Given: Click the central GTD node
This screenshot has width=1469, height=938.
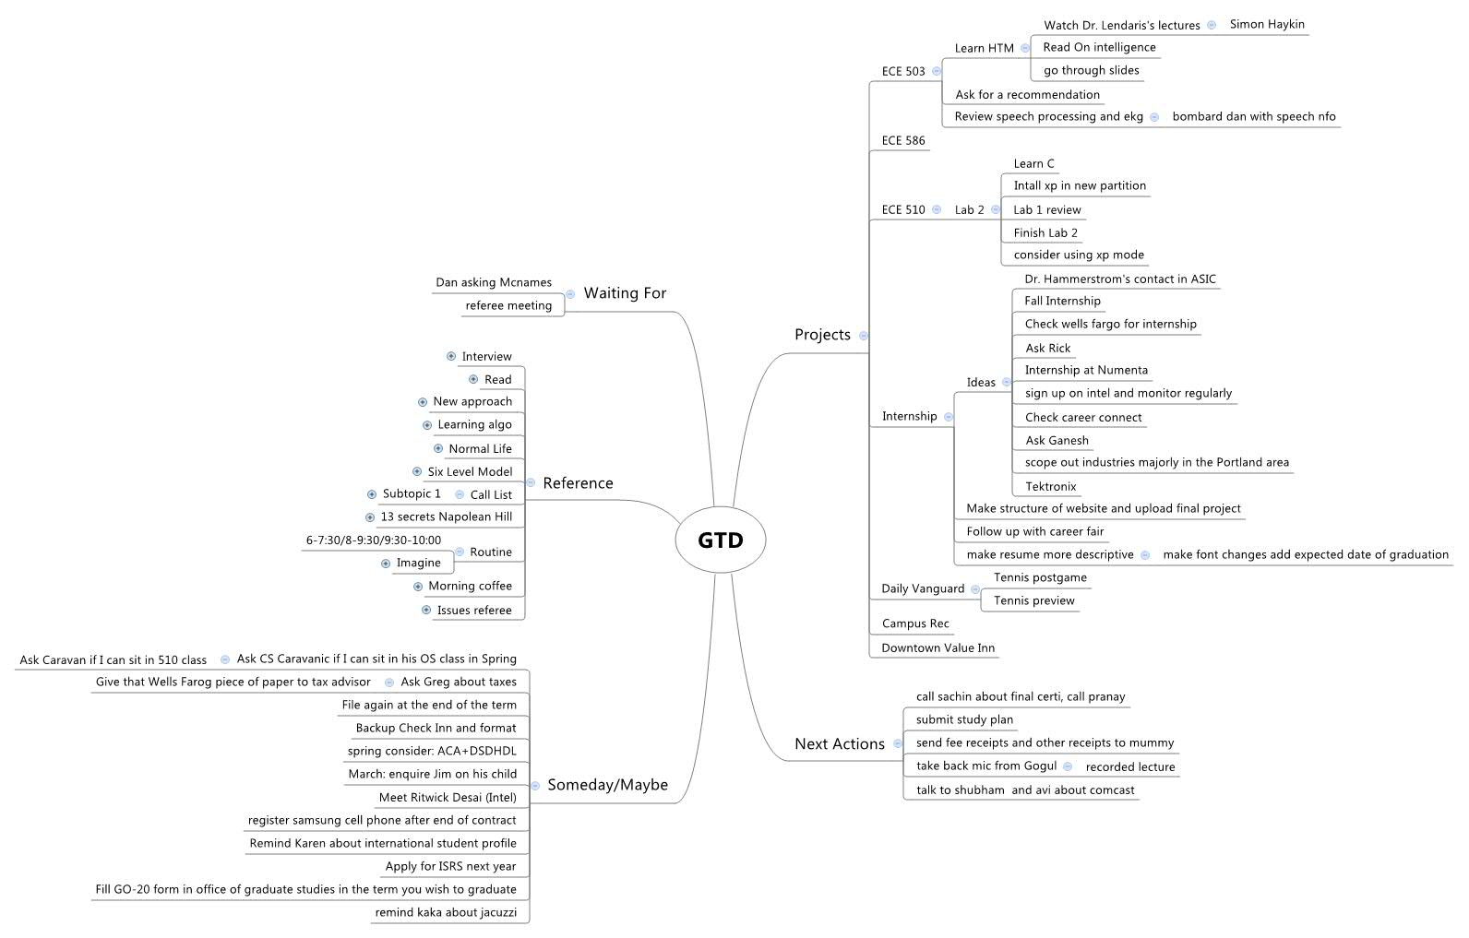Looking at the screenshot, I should (721, 540).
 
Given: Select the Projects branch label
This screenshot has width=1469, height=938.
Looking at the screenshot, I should (822, 335).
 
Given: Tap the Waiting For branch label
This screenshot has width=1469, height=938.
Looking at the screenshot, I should (625, 293).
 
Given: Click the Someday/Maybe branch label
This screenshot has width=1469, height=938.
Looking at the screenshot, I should (607, 785).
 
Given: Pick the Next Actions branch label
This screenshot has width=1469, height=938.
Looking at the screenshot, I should (839, 744).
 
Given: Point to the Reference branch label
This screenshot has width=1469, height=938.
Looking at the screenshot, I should (578, 483).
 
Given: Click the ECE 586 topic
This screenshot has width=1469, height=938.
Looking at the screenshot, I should (902, 141).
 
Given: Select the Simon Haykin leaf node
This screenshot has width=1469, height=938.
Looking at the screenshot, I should (1267, 25).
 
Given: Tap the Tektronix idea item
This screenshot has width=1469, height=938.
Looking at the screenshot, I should (1050, 487).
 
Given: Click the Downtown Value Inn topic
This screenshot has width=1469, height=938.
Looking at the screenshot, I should (938, 648).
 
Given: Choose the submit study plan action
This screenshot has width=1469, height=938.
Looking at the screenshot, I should (964, 720).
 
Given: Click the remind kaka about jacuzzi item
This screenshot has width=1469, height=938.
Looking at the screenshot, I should (446, 913).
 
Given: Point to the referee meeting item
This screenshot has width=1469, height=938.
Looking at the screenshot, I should (508, 306).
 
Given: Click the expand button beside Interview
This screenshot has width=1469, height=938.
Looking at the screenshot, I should (451, 357).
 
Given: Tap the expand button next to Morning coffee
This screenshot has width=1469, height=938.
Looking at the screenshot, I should (418, 587).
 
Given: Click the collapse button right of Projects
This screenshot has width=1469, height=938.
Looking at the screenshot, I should (864, 336).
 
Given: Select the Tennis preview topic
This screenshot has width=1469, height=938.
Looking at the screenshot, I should (1033, 601).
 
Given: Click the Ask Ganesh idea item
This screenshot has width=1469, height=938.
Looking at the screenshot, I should (1057, 441).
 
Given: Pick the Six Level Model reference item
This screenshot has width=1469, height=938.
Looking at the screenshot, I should (470, 472).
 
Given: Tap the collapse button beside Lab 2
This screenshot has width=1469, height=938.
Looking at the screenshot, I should (995, 210).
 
